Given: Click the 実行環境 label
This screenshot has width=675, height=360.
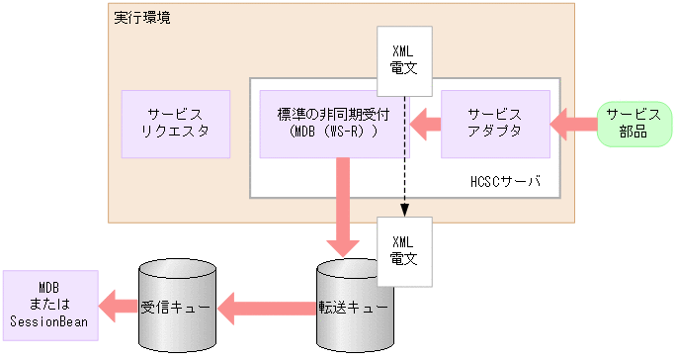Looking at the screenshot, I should (141, 18).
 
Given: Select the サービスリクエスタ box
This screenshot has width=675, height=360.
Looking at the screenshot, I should (176, 124).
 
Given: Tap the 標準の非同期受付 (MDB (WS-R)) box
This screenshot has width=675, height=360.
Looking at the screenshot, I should (334, 124).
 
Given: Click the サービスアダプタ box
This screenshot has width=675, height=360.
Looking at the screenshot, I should (495, 124).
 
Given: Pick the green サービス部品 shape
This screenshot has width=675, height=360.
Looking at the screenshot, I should (633, 124).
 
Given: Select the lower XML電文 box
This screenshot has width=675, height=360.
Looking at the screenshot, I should (403, 250).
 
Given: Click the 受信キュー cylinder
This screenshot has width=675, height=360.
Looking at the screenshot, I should (175, 307).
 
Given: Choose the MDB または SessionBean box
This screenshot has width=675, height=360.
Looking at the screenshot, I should (49, 305).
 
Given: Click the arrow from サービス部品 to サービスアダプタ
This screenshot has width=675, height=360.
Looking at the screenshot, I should (572, 124).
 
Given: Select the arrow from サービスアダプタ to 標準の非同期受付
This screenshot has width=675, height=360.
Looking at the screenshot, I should (426, 124).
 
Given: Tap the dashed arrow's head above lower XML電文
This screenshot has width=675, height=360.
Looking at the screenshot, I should (403, 210).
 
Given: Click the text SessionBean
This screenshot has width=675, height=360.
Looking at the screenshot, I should (49, 320).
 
